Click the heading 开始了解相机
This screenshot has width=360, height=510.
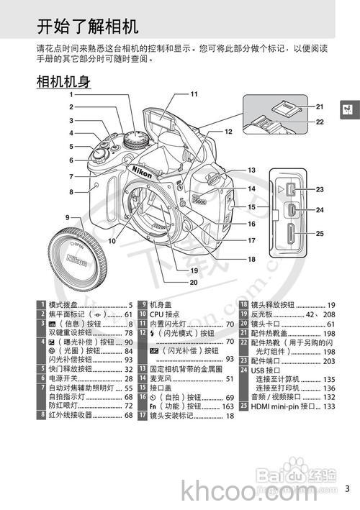point(87,27)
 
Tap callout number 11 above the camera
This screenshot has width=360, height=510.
point(194,94)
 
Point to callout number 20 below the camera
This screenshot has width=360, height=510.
point(193,283)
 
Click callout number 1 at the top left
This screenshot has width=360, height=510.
point(71,94)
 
